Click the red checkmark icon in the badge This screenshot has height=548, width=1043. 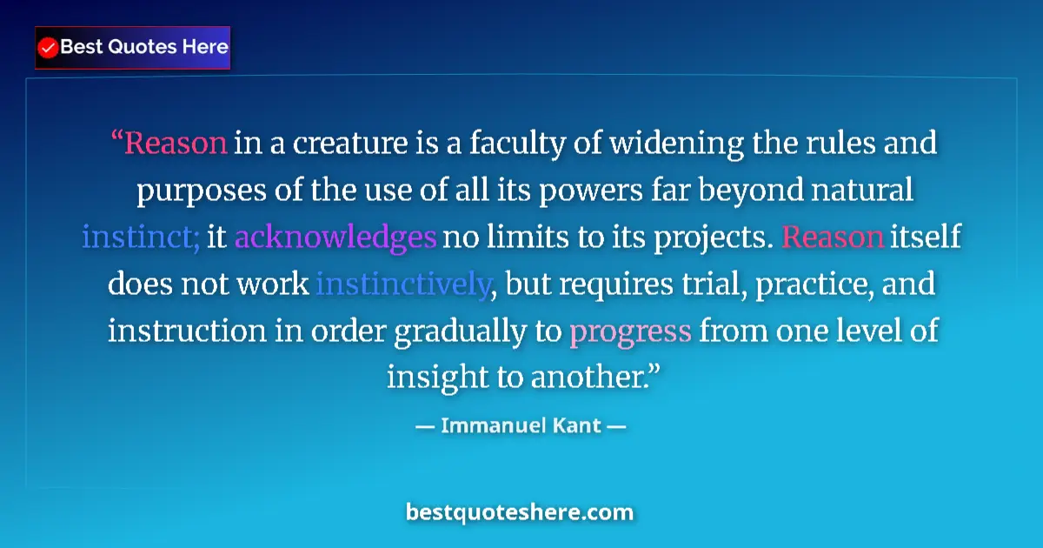pos(49,47)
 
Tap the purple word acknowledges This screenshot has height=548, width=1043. pos(335,237)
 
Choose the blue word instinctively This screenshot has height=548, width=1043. pos(402,284)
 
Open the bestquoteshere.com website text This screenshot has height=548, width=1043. pos(520,511)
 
